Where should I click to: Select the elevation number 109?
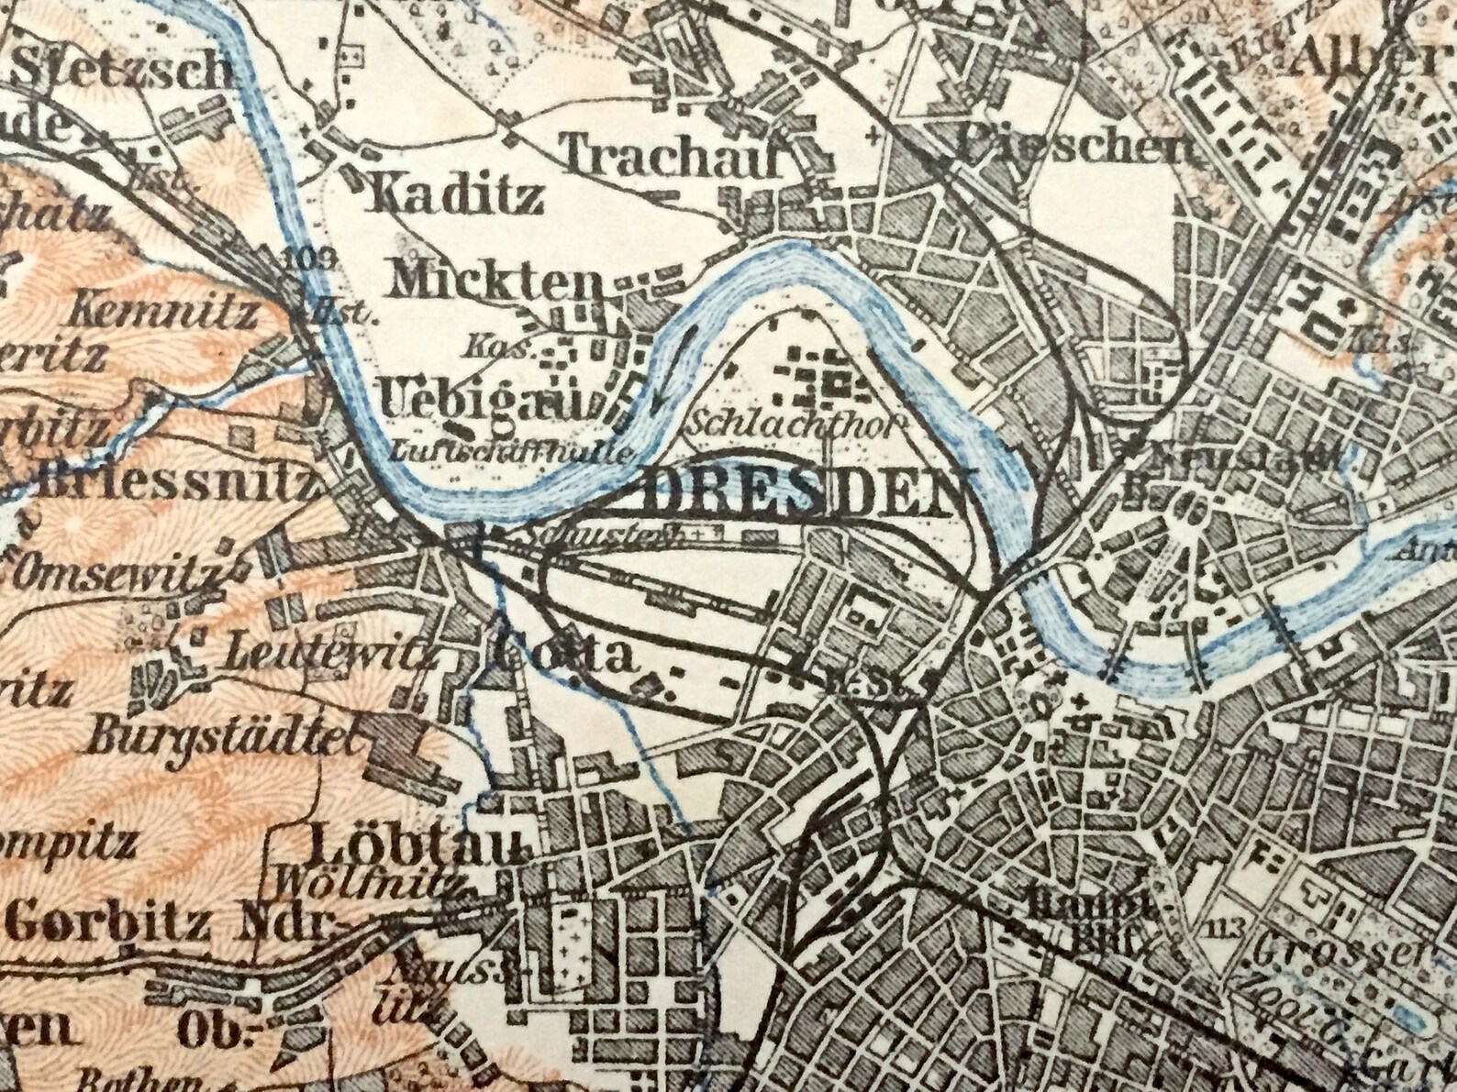[x=299, y=256]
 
